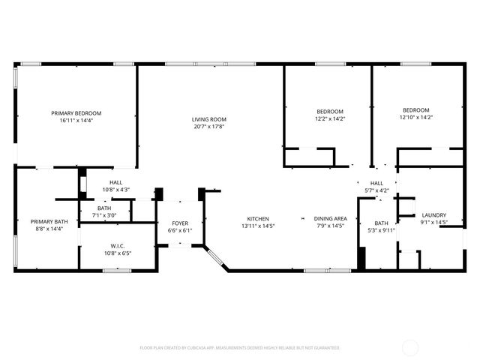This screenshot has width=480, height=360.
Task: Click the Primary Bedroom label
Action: point(76,113)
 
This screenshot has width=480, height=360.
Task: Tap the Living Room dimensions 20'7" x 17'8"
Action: point(208,126)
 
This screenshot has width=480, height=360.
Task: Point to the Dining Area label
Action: point(330,219)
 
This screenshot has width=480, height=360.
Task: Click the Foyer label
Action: point(180,223)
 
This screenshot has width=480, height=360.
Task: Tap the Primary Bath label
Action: point(49,221)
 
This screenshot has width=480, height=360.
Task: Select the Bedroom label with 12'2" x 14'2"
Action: point(329,111)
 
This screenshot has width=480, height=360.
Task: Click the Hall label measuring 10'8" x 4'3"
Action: point(116,182)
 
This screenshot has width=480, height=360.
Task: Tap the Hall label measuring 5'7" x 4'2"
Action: point(376,183)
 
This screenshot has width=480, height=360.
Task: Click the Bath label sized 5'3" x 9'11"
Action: point(381,223)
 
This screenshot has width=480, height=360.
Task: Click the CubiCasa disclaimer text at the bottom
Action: point(240,348)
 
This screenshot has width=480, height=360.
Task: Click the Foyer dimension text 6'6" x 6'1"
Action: point(180,230)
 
